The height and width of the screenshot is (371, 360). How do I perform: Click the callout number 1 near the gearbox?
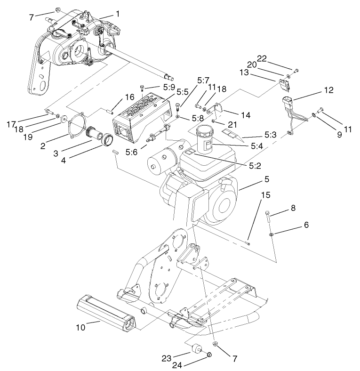click(117, 14)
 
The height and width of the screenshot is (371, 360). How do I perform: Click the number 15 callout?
click(265, 195)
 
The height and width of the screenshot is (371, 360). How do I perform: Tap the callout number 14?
click(244, 114)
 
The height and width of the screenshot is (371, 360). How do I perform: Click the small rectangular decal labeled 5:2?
click(190, 153)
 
